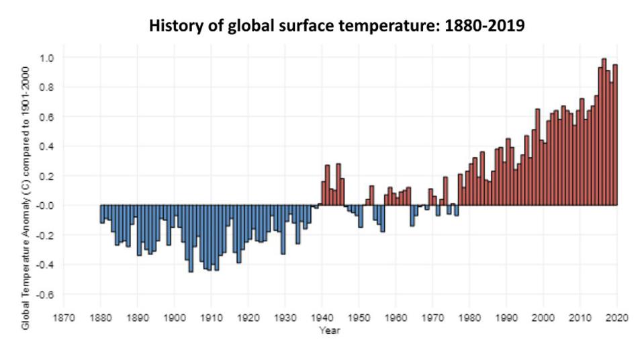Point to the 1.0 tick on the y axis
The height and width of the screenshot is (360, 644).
coord(47,58)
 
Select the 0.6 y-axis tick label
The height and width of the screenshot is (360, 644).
coord(47,117)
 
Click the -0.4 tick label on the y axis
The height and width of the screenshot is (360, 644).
coord(46,265)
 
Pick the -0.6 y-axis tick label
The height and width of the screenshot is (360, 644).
coord(46,294)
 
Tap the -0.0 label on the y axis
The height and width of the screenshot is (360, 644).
coord(46,206)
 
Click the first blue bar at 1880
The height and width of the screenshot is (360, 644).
coord(102,214)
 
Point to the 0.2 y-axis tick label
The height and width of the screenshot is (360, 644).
coord(47,176)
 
